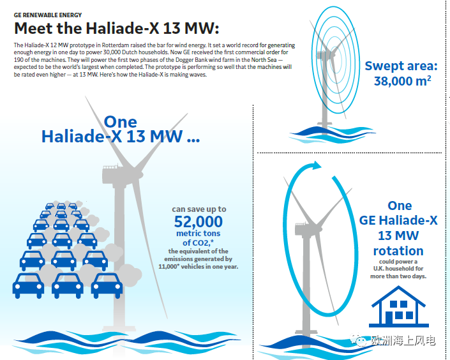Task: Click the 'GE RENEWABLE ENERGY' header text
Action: point(48,15)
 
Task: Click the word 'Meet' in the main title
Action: point(34,28)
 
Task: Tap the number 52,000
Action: point(199,221)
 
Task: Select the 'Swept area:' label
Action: point(401,66)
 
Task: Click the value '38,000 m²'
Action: point(402,81)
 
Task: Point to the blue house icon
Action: point(399,306)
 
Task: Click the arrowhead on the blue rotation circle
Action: point(317,165)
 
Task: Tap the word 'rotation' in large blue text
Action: point(398,251)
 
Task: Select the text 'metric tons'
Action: point(199,233)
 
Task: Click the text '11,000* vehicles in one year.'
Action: point(199,266)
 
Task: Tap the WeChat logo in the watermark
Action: point(359,340)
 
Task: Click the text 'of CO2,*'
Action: point(199,243)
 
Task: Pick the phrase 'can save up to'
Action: point(199,209)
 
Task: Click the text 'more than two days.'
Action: point(398,276)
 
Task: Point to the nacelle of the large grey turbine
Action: point(114,175)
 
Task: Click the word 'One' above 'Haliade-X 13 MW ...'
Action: point(120,122)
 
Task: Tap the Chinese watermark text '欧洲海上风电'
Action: point(403,341)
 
